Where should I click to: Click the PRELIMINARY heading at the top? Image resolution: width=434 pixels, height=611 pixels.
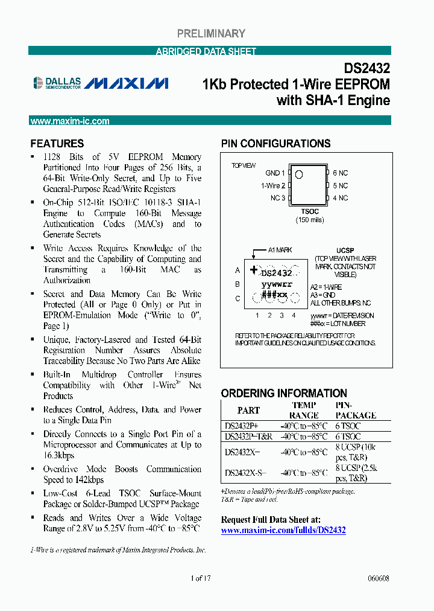(211, 34)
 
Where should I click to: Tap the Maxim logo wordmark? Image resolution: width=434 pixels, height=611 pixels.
(127, 83)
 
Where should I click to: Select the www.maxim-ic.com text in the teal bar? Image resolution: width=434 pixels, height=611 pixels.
(70, 121)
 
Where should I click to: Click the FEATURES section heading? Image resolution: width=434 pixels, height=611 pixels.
(57, 144)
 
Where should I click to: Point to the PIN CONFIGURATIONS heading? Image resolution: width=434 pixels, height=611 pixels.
(275, 144)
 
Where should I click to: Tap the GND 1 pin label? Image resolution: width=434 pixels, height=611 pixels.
(275, 173)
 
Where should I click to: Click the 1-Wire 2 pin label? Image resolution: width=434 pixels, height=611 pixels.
(273, 186)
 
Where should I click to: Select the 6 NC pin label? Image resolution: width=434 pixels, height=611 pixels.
(341, 173)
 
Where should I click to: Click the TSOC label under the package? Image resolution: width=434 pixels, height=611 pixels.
(309, 211)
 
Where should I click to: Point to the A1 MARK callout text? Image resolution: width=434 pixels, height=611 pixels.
(280, 250)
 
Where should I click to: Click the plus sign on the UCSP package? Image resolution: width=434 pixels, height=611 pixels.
(254, 270)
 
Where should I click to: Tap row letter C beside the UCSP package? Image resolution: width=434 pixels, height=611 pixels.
(237, 298)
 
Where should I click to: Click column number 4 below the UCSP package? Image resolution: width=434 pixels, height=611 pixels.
(294, 315)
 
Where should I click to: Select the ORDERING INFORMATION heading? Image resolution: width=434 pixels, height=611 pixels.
(284, 393)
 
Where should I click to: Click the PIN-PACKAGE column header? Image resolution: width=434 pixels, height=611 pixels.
(356, 411)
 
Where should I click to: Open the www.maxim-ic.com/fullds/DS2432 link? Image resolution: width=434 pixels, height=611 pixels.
(283, 530)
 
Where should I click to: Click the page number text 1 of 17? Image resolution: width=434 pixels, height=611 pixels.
(201, 578)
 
